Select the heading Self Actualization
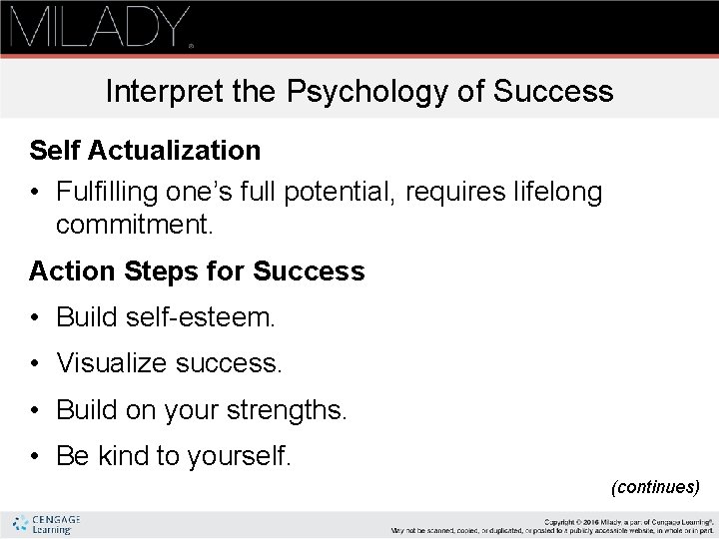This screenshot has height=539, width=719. pyautogui.click(x=145, y=151)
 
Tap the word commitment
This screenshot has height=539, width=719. pyautogui.click(x=134, y=226)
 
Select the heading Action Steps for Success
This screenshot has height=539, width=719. pyautogui.click(x=197, y=270)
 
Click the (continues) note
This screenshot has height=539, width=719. pyautogui.click(x=655, y=487)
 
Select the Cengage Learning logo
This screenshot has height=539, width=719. pyautogui.click(x=46, y=524)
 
